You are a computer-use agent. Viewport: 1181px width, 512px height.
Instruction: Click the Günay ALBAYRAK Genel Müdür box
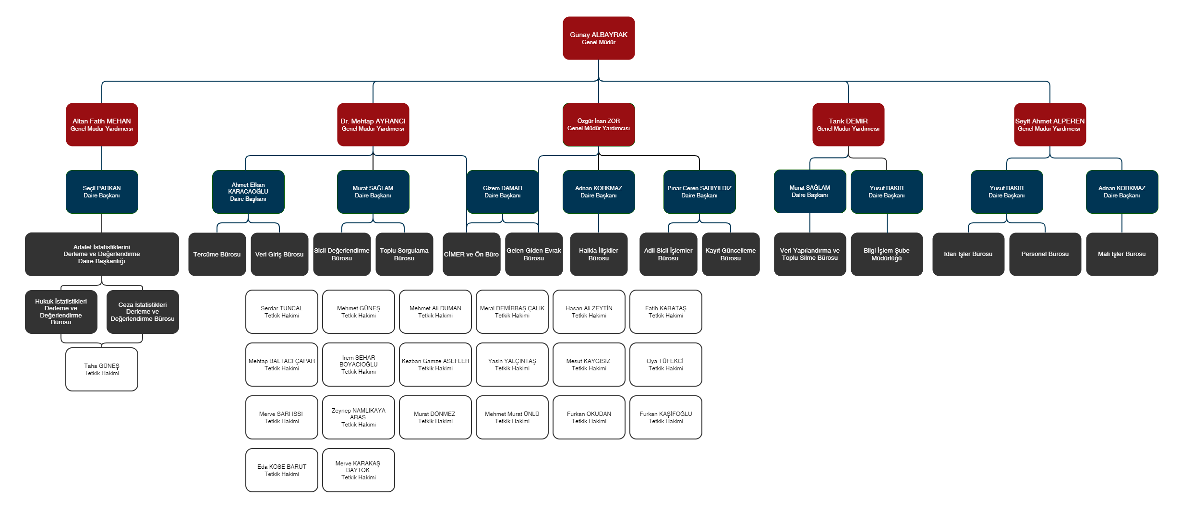click(599, 38)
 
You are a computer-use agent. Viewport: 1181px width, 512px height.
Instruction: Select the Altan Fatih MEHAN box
click(102, 124)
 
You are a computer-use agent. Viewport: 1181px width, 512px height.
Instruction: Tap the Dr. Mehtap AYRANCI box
click(373, 124)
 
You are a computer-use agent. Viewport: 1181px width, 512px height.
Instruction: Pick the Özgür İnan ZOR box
click(599, 124)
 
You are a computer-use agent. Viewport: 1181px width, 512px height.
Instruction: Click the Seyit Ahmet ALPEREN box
click(1050, 124)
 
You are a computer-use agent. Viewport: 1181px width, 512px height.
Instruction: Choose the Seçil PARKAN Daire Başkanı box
click(102, 192)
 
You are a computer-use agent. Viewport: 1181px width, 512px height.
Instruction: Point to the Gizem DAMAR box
click(503, 192)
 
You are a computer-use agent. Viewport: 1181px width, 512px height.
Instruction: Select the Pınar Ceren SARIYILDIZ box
click(699, 192)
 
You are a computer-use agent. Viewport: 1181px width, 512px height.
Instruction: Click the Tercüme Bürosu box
click(217, 254)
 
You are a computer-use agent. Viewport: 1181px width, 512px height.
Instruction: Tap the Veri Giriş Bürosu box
click(279, 254)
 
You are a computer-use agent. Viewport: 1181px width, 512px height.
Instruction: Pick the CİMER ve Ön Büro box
click(471, 254)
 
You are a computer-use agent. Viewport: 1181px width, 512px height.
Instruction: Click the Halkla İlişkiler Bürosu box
click(599, 254)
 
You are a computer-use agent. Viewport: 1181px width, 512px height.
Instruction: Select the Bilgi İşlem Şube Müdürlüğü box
click(887, 254)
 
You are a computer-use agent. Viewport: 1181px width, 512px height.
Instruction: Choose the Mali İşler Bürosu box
click(1122, 254)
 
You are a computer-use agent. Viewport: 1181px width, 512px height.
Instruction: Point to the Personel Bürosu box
click(1045, 254)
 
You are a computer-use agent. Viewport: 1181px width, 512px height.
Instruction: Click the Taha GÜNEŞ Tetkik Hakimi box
click(102, 369)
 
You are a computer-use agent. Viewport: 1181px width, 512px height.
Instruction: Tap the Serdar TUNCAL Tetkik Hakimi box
click(282, 312)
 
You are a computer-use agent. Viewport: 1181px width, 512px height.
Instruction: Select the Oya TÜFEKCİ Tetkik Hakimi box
click(666, 365)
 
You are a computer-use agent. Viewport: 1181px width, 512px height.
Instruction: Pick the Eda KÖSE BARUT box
click(282, 470)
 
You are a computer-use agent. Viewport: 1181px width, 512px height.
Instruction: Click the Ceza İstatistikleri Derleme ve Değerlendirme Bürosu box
click(143, 312)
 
